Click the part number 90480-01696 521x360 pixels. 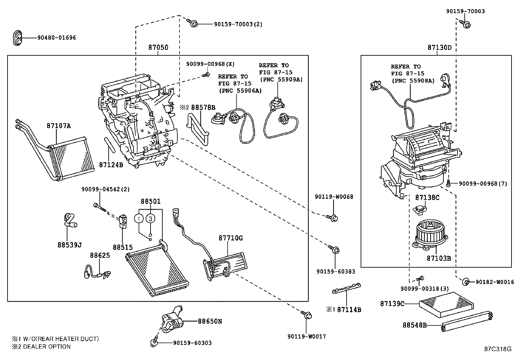click(x=56, y=38)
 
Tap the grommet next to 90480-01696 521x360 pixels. click(x=18, y=38)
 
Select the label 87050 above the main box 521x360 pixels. click(x=158, y=47)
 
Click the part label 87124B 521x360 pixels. click(x=111, y=165)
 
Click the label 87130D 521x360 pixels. click(x=439, y=47)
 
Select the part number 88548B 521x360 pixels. click(x=414, y=325)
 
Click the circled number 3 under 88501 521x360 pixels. click(x=151, y=218)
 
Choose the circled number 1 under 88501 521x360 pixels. click(x=139, y=218)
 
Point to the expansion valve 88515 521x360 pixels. click(x=123, y=221)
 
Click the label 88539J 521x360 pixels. click(x=69, y=245)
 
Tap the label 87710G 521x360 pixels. click(x=230, y=238)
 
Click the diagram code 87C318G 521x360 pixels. click(x=498, y=349)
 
